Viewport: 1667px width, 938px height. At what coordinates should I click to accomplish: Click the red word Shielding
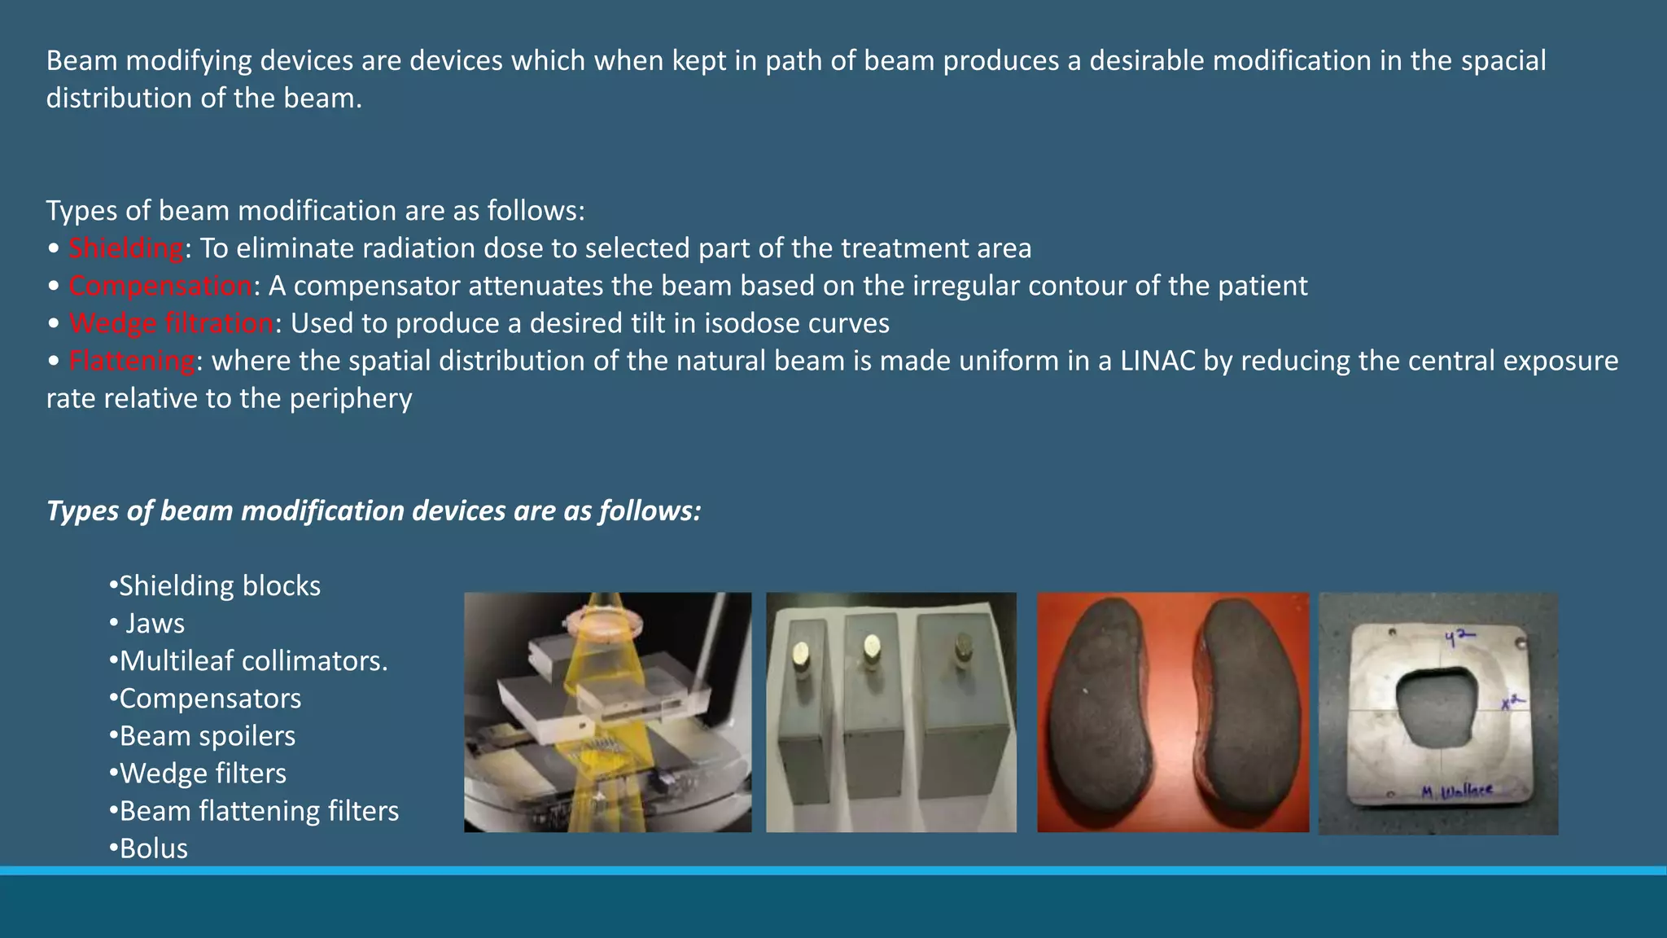(126, 248)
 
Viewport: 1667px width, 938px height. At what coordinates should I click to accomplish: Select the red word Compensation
(160, 286)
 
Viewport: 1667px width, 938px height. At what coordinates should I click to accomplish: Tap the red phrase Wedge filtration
(172, 323)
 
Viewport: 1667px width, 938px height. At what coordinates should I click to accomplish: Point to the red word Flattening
(132, 361)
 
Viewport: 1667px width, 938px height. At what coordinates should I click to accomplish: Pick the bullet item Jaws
(155, 624)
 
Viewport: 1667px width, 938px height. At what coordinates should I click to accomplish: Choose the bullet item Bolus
(153, 848)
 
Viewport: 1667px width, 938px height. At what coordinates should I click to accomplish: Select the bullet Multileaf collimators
(252, 661)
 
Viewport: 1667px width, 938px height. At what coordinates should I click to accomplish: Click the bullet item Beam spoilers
(207, 736)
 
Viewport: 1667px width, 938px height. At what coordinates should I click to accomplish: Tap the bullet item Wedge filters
(203, 774)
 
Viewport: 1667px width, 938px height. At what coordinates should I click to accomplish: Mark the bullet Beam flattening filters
(259, 811)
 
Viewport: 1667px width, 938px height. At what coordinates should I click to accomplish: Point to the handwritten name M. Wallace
(1456, 790)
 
